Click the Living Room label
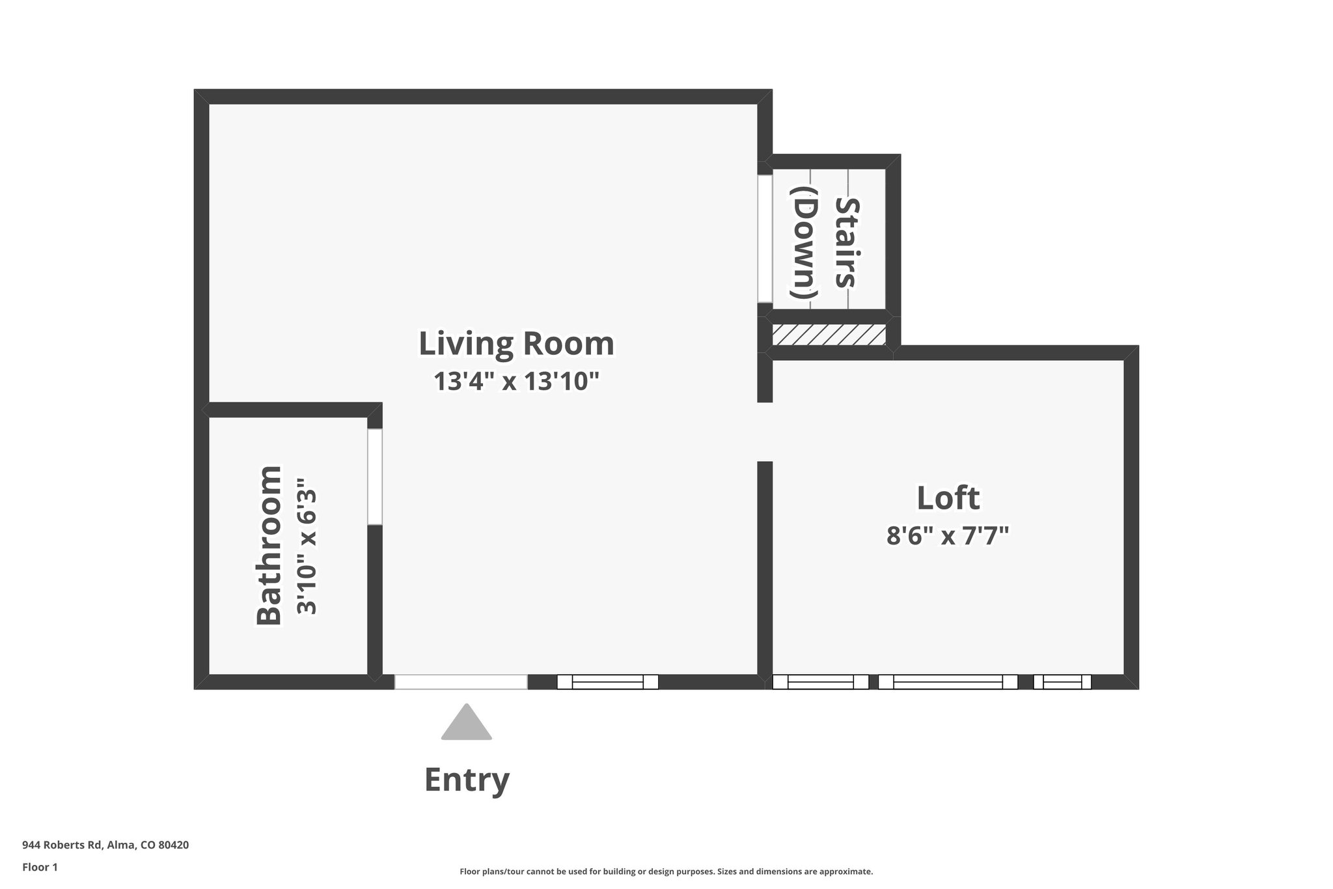pos(515,344)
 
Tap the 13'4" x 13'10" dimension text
pos(515,382)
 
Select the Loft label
pos(948,498)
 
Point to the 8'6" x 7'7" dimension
pos(948,536)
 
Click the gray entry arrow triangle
pos(466,724)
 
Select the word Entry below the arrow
pos(466,780)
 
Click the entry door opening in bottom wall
pos(461,682)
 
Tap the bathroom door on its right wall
pos(375,476)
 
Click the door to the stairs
pos(765,238)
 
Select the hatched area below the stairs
pos(829,335)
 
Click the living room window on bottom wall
pos(607,682)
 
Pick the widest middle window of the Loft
pos(948,682)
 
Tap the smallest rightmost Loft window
pos(1062,682)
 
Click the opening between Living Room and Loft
pos(765,432)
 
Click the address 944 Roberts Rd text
pos(105,845)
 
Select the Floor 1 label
pos(40,867)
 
